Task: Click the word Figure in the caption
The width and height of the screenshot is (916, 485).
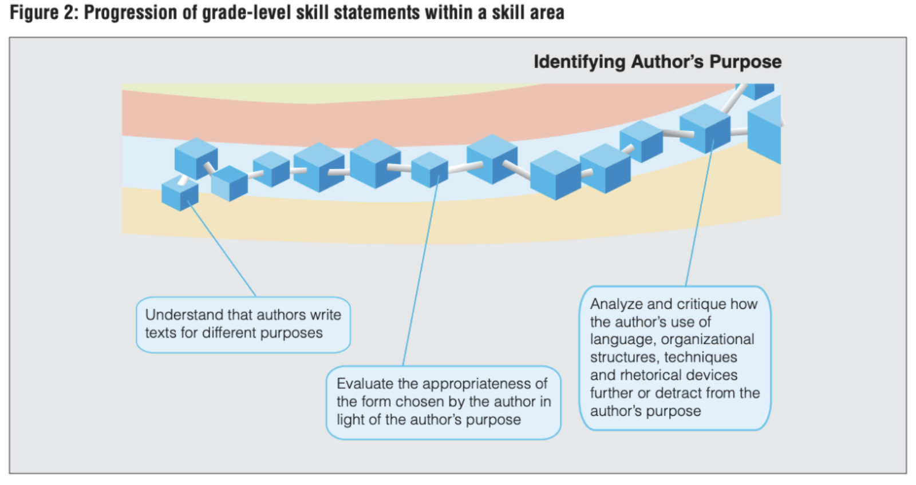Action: click(x=34, y=12)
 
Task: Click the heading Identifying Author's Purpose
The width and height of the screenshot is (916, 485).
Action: click(x=657, y=62)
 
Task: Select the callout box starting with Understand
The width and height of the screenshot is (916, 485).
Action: click(x=243, y=324)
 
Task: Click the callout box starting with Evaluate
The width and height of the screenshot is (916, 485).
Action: click(x=443, y=402)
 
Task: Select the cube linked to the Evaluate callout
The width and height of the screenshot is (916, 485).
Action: click(x=429, y=170)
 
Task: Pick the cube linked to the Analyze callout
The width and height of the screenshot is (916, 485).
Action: click(x=705, y=128)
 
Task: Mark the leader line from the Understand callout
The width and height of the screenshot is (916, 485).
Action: click(x=222, y=251)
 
